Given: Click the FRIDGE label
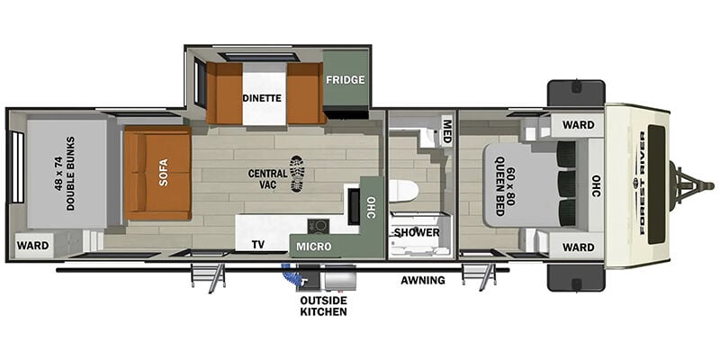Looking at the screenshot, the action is coord(346,79).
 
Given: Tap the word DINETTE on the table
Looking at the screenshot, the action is coord(262,98).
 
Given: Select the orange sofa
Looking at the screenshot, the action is coord(157,173).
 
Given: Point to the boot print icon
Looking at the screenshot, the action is coord(297,174).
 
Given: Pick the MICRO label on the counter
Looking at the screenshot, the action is coord(313,247).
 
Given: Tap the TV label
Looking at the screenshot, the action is coord(258,245).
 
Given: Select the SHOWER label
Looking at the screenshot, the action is coord(417,232).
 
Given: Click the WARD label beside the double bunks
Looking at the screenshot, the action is coord(32,246).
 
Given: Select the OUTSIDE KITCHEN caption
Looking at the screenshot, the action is coord(323,306).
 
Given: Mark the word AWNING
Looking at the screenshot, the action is coord(423,280).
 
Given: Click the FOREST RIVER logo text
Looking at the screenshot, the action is coord(642,183).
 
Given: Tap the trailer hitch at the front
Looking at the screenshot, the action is coord(691,186).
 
